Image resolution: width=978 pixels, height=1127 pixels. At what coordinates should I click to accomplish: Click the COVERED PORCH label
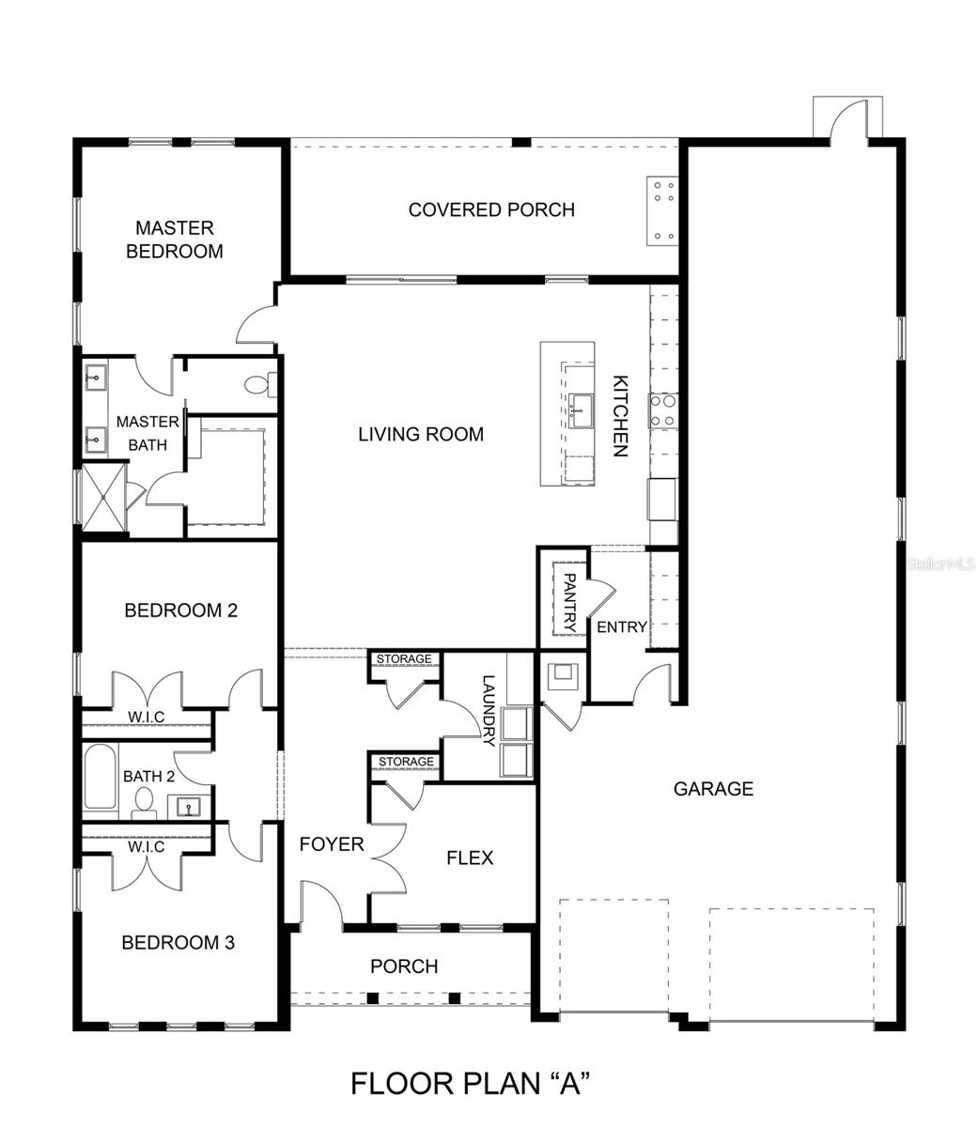click(x=491, y=209)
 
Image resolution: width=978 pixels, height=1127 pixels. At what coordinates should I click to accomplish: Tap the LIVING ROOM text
click(x=421, y=435)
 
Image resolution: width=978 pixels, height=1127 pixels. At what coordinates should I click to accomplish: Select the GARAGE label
click(x=713, y=789)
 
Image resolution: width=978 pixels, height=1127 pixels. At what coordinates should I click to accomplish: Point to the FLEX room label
click(x=470, y=857)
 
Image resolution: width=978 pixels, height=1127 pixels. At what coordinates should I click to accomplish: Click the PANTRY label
click(x=569, y=602)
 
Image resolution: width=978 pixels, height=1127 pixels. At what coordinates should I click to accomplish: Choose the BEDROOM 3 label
click(x=178, y=943)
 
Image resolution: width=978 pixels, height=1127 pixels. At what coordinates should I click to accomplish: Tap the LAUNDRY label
click(x=489, y=710)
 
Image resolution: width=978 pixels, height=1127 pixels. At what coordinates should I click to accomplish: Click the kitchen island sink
click(x=581, y=410)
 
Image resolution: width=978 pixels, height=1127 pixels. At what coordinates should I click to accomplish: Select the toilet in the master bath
click(x=260, y=384)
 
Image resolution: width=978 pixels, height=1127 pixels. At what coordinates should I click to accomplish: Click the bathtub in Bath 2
click(x=100, y=777)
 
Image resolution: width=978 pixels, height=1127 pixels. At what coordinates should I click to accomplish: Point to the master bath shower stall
click(x=104, y=498)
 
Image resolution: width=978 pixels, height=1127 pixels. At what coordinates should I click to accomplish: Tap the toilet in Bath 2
click(x=145, y=803)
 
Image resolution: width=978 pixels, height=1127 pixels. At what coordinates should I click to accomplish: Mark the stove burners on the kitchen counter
click(x=663, y=410)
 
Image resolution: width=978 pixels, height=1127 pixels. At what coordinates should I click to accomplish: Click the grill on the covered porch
click(x=662, y=211)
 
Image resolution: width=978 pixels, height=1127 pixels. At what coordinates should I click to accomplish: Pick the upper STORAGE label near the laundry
click(x=404, y=658)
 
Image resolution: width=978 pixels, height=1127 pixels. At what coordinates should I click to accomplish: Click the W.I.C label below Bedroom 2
click(x=146, y=717)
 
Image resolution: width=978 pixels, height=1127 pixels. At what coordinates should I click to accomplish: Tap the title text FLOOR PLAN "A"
click(x=470, y=1083)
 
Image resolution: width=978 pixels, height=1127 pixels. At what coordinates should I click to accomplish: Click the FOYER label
click(x=331, y=844)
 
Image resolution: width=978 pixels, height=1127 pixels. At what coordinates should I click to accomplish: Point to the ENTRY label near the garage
click(x=622, y=626)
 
